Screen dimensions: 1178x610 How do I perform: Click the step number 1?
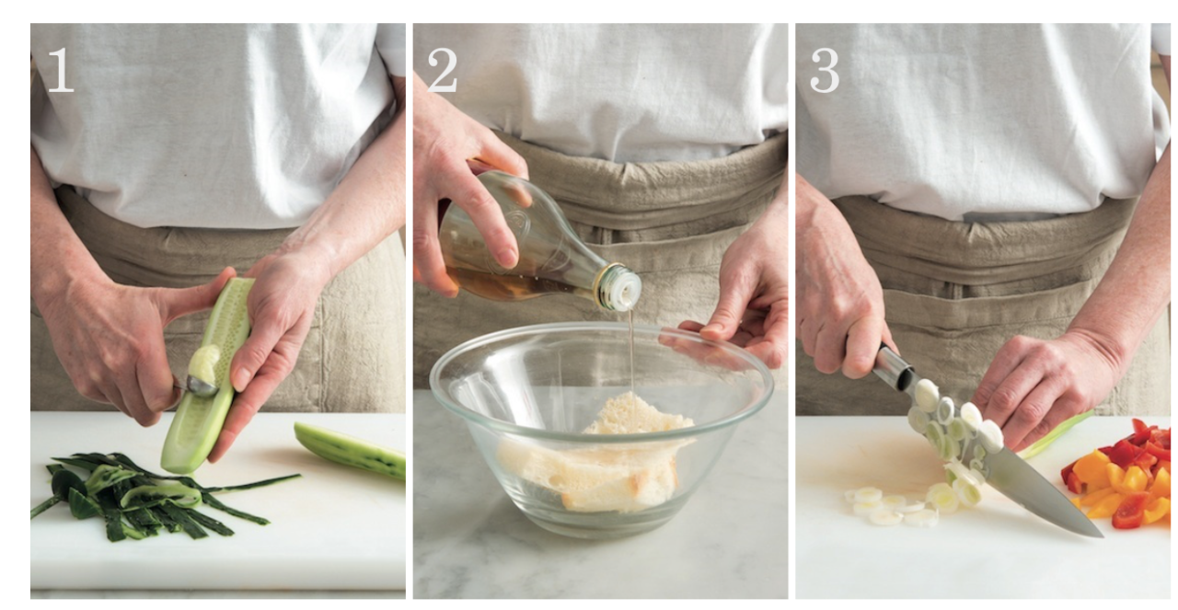point(60,70)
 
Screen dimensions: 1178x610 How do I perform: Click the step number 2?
point(442,70)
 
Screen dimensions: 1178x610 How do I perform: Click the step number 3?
point(824,70)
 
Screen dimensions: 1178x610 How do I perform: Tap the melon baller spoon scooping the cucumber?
point(201,386)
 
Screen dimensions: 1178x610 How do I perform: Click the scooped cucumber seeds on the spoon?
point(205,362)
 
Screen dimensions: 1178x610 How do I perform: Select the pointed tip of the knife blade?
point(1102,535)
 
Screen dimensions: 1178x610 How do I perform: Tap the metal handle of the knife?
point(894,368)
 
